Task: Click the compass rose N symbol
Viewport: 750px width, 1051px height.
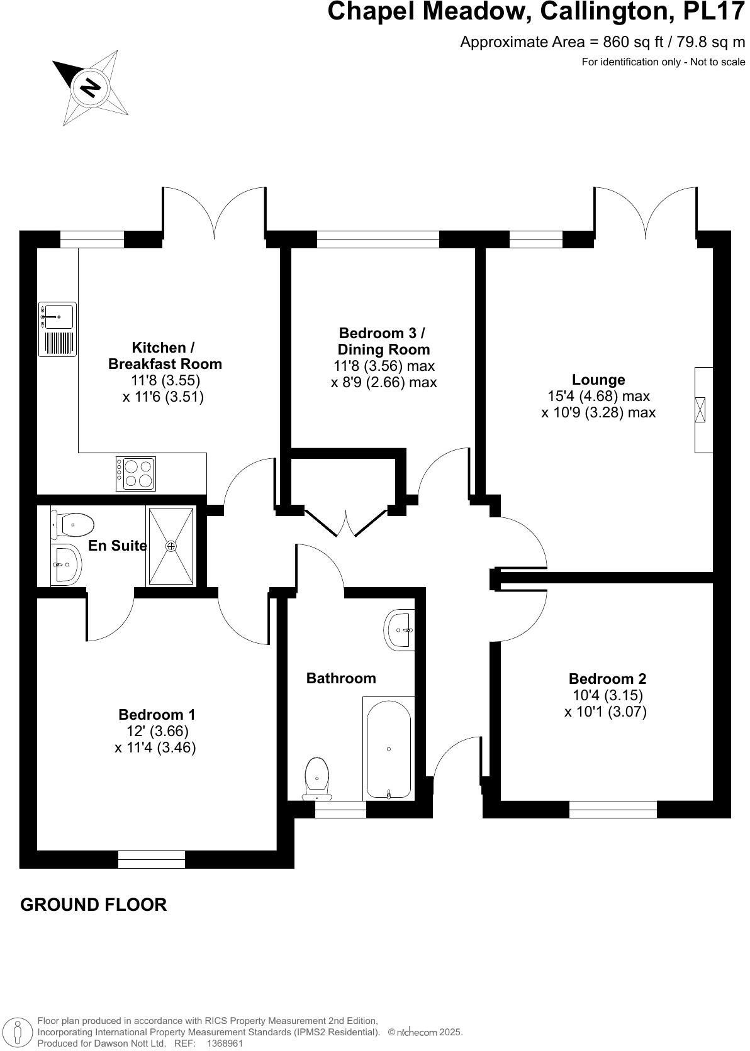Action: click(x=90, y=86)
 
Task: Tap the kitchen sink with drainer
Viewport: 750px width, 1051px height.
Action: click(x=57, y=329)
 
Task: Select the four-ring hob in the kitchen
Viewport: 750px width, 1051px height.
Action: click(x=135, y=473)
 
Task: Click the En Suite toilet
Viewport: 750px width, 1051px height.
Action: click(x=73, y=524)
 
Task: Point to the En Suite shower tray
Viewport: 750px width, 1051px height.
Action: click(x=171, y=546)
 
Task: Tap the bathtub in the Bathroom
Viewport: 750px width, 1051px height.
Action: click(x=389, y=749)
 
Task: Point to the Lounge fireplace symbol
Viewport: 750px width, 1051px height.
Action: click(x=700, y=410)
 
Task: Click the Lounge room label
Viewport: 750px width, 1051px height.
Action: click(x=598, y=380)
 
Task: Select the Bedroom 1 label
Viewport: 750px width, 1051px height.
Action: click(x=157, y=715)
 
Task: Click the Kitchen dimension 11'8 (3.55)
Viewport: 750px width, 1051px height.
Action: click(x=165, y=380)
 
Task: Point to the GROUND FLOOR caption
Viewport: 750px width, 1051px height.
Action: click(x=94, y=905)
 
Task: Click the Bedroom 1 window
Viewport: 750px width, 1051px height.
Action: click(x=152, y=859)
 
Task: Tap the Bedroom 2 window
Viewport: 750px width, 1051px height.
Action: click(x=613, y=810)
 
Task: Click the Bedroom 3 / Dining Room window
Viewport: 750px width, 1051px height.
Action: click(x=378, y=239)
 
